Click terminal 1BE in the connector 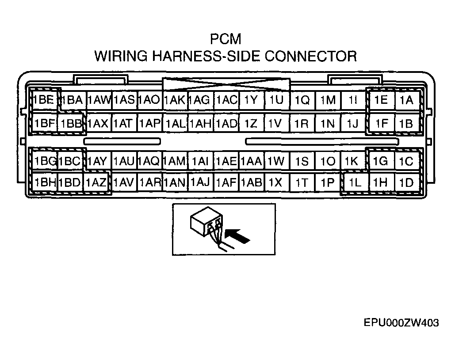tap(43, 100)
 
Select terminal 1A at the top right tap(407, 100)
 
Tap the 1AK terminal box tap(175, 100)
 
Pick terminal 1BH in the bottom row tap(44, 182)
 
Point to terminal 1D tap(406, 182)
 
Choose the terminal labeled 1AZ tap(96, 182)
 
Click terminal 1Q tap(302, 100)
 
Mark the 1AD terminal tap(226, 124)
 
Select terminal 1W tap(276, 161)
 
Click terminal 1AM tap(175, 161)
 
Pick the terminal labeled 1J tap(353, 124)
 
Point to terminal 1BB tap(70, 124)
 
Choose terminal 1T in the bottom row tap(302, 182)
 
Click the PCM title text tap(226, 39)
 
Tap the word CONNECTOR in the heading tap(311, 56)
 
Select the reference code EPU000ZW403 tap(401, 322)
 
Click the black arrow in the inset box tap(237, 235)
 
